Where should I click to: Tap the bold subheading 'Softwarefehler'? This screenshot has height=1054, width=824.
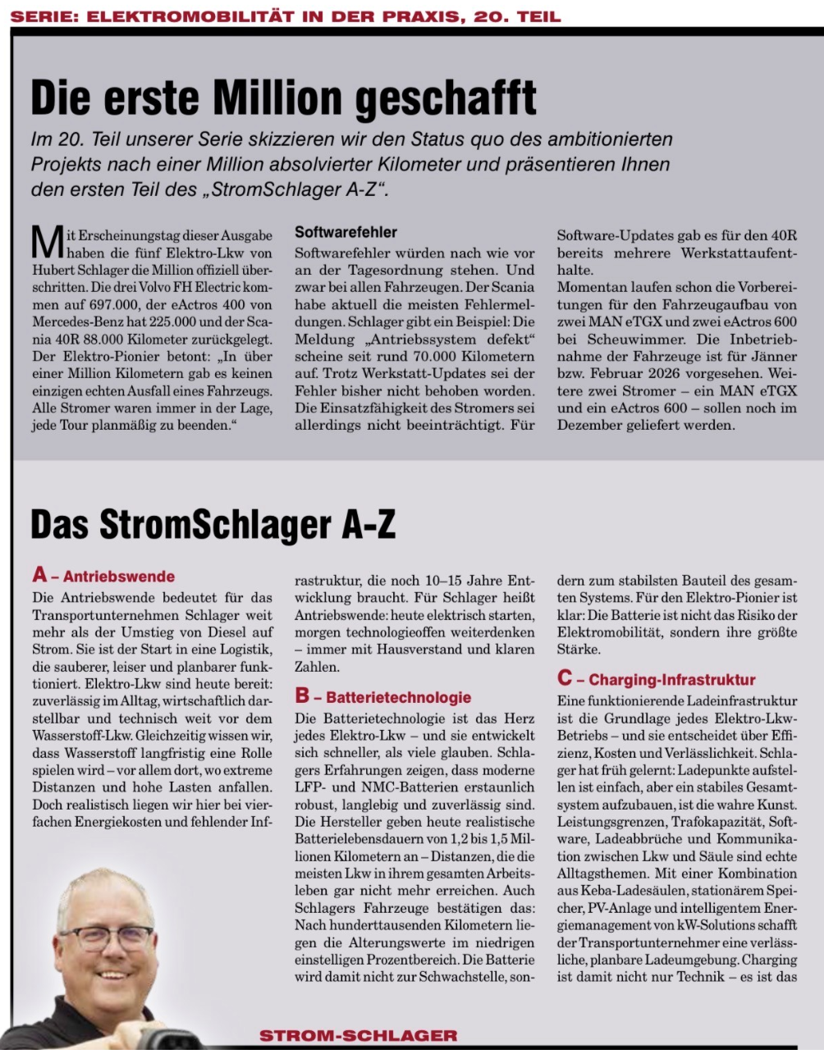click(346, 233)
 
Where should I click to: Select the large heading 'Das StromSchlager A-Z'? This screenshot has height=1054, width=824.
click(213, 525)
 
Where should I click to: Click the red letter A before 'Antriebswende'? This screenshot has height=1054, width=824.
click(40, 575)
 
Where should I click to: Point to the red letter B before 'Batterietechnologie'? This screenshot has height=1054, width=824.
click(303, 696)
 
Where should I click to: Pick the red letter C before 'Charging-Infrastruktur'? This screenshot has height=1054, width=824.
click(565, 678)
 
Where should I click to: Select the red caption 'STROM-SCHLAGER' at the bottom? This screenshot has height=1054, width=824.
click(358, 1036)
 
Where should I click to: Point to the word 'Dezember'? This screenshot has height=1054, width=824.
click(593, 425)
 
